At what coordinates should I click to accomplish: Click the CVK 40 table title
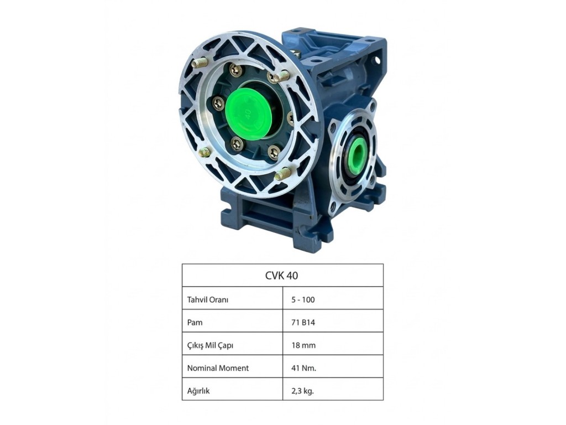(x=281, y=276)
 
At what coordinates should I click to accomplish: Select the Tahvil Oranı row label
(x=208, y=299)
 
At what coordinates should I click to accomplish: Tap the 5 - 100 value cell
(x=303, y=299)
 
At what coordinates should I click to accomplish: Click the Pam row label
(x=195, y=323)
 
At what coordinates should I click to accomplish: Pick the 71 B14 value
(x=303, y=323)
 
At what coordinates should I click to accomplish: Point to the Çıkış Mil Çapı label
(x=210, y=345)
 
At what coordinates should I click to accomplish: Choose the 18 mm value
(x=303, y=345)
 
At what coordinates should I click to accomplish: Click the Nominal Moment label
(x=218, y=368)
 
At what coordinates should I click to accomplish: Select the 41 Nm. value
(x=304, y=368)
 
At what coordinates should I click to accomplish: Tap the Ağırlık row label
(x=198, y=391)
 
